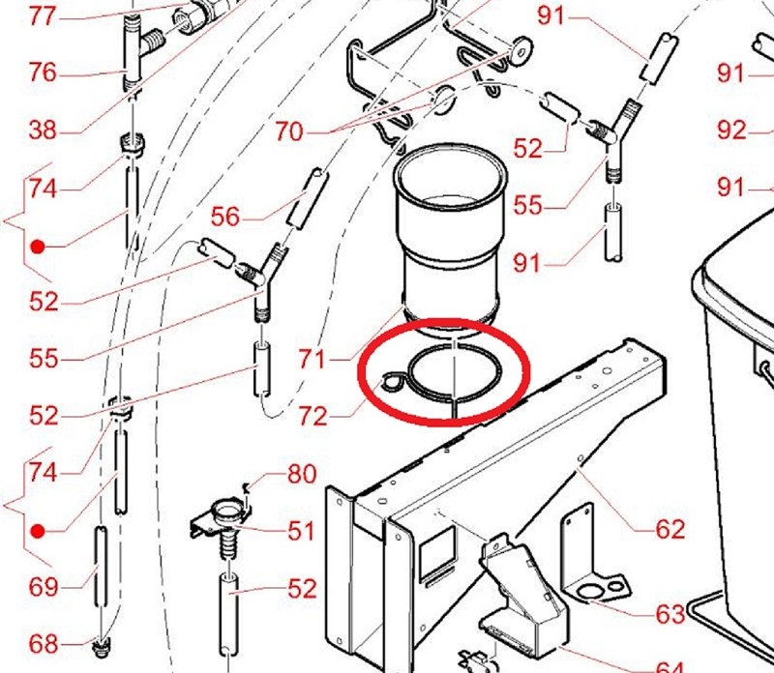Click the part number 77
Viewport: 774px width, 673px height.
[43, 15]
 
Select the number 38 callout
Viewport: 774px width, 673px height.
[43, 131]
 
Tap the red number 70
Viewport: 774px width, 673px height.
[288, 132]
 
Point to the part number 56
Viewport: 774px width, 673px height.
[225, 217]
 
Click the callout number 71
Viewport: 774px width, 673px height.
[313, 359]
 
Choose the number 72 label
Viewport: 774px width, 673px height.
[313, 416]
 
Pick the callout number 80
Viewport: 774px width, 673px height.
[302, 474]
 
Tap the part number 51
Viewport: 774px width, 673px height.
[302, 531]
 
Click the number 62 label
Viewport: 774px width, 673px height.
[670, 529]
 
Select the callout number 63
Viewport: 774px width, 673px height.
[670, 614]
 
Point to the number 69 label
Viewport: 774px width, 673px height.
[43, 587]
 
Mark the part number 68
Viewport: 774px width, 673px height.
[43, 644]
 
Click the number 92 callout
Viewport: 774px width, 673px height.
[731, 131]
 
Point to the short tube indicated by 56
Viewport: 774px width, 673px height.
[308, 198]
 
